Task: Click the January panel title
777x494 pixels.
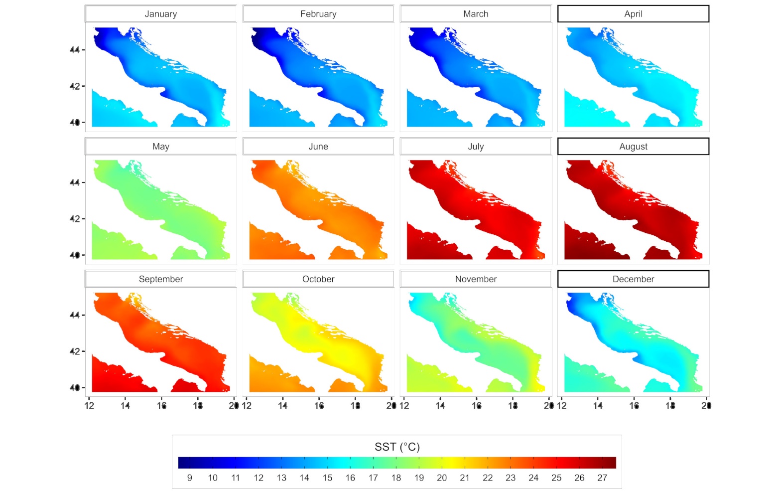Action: (160, 14)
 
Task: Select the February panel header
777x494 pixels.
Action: (318, 14)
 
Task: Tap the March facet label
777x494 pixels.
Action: (476, 14)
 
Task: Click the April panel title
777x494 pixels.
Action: (633, 14)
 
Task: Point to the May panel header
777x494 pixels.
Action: (160, 147)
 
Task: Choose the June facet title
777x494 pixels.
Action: (318, 147)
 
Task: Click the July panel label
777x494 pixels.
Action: (476, 147)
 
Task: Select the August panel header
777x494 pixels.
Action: (633, 147)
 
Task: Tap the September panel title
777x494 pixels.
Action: (160, 279)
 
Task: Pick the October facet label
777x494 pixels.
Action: (318, 279)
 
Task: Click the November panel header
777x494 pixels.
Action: (476, 279)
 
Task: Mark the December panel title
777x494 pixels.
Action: (633, 279)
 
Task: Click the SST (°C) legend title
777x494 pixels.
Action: (397, 447)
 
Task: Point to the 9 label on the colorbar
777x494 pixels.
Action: (190, 478)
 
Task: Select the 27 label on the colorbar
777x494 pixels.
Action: (602, 478)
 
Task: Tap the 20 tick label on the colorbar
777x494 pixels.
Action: (442, 478)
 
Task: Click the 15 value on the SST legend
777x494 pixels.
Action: (327, 478)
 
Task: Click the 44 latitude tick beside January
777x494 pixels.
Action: (75, 50)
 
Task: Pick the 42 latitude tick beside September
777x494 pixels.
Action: (75, 351)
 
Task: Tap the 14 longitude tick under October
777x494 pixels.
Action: (283, 406)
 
